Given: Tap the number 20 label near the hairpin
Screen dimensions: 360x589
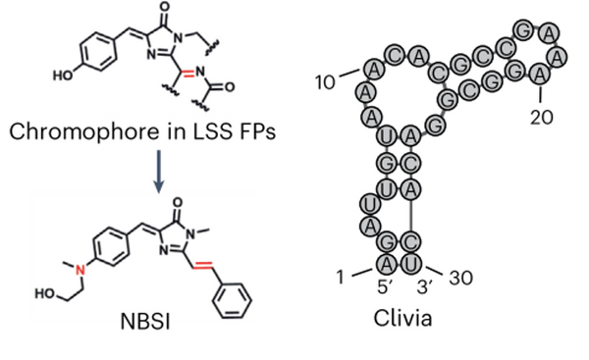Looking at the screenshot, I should [541, 117].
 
